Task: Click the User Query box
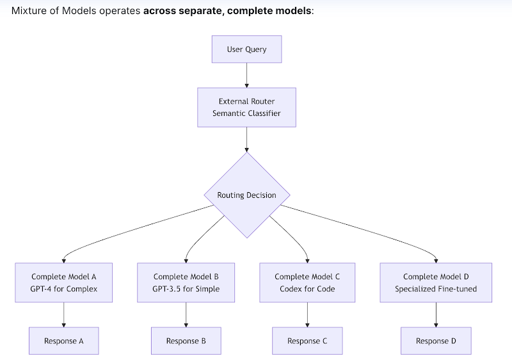click(246, 49)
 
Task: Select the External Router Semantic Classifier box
click(246, 107)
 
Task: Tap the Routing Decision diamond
click(246, 195)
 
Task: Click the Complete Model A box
click(64, 282)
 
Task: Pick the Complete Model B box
click(186, 282)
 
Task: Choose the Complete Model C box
click(307, 282)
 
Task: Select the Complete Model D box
click(436, 282)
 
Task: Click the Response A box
click(64, 341)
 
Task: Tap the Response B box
click(186, 341)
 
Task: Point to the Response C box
click(307, 341)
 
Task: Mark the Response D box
click(436, 341)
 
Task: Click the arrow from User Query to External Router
click(246, 75)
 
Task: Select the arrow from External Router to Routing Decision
click(246, 139)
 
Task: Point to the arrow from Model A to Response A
click(64, 314)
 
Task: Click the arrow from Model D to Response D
click(436, 314)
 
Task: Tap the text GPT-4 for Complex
click(64, 289)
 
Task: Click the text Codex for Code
click(307, 289)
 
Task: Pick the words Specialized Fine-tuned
click(436, 289)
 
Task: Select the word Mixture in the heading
click(29, 11)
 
